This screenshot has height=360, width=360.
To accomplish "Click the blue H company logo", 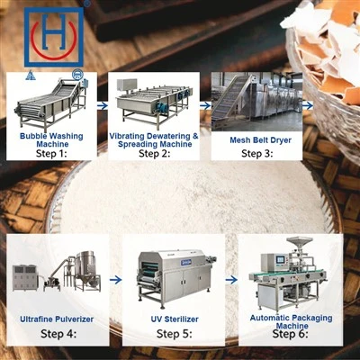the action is [x=54, y=37].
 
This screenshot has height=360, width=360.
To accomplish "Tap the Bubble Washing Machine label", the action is [x=51, y=139].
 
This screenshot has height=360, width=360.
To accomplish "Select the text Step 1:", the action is [x=50, y=154].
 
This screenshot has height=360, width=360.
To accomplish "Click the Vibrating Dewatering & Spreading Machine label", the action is [x=154, y=139].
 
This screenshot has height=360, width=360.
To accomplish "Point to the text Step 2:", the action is [x=154, y=154].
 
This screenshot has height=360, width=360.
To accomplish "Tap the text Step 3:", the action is [x=257, y=154].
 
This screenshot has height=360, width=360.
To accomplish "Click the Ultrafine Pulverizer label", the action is [x=57, y=319].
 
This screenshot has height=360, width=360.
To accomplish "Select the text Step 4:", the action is [x=58, y=334].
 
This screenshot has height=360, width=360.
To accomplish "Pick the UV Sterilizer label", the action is [x=175, y=319].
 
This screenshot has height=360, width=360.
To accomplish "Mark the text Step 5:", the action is [x=175, y=334].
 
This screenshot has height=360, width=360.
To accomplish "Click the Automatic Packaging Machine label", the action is [x=292, y=321].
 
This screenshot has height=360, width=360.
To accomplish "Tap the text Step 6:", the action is [x=290, y=334].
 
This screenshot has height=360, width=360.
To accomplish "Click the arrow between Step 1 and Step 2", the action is [x=103, y=105].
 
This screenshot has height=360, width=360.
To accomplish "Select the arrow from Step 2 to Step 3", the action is [x=205, y=105].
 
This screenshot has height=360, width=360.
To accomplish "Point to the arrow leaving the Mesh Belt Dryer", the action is [x=308, y=105].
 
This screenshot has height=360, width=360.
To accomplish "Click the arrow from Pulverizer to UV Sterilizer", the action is [x=115, y=280].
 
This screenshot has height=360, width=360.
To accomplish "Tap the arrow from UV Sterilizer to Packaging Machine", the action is [x=231, y=280].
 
